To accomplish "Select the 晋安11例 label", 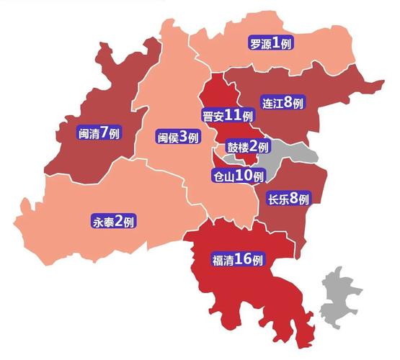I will pos(228,115).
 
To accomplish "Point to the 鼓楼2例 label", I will pos(247,146).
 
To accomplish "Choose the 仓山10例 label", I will pos(239,175).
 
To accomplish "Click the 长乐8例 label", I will pos(288,199).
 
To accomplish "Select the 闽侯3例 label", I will pos(177,137).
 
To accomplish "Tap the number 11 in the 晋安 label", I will pos(234,115).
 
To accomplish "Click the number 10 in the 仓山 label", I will pos(245,175).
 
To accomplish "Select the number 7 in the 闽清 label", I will pos(105,132).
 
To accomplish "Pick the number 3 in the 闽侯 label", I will pos(183,137).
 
